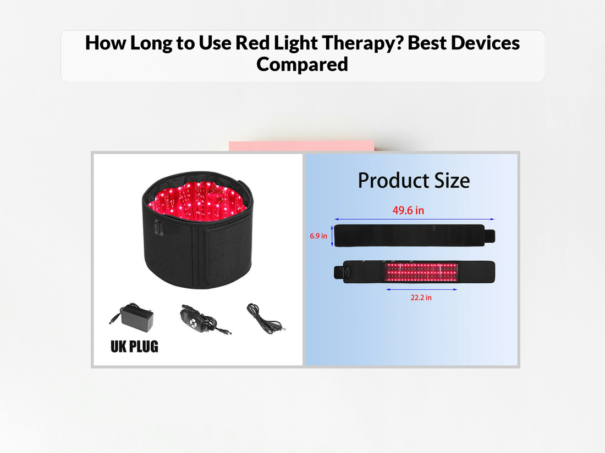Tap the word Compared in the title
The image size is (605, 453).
click(x=302, y=64)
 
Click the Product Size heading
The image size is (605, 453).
click(x=414, y=180)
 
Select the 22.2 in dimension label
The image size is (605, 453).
click(x=421, y=298)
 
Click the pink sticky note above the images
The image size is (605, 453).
click(x=301, y=146)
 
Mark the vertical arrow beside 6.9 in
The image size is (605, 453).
click(x=332, y=236)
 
